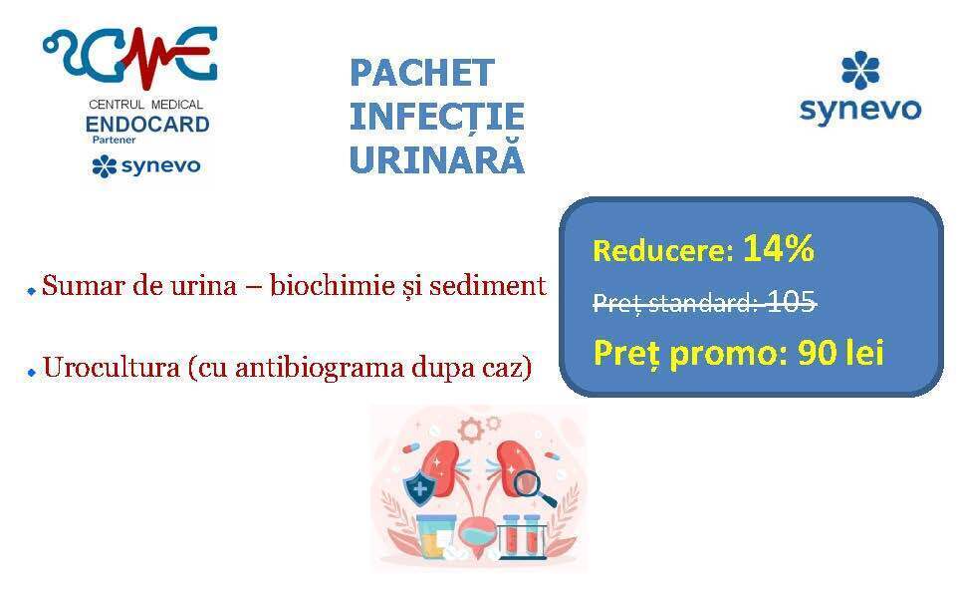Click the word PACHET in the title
tap(422, 73)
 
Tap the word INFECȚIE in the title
tap(437, 117)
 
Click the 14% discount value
tap(779, 248)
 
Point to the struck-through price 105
tap(791, 301)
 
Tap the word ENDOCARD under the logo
tap(147, 125)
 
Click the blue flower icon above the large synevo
tap(860, 69)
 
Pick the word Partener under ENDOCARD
tap(114, 140)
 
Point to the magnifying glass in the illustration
tap(531, 486)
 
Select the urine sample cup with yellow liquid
tap(435, 537)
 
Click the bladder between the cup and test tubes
tap(478, 532)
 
